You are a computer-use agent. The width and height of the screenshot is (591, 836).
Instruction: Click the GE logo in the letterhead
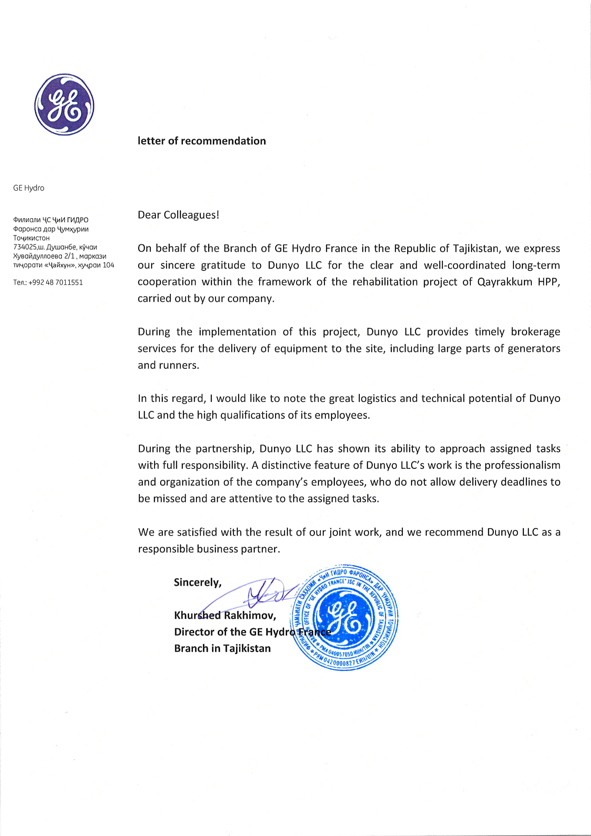click(x=64, y=104)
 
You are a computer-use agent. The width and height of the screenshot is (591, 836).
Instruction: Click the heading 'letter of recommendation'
click(x=202, y=141)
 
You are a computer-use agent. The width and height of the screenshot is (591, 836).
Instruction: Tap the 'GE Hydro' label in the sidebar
click(x=29, y=188)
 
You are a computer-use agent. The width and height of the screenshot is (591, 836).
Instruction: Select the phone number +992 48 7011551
click(x=55, y=283)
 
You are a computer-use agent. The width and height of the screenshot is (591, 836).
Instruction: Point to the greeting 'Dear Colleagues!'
click(x=179, y=215)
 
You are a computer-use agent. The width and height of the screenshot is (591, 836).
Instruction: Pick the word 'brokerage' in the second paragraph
click(x=535, y=332)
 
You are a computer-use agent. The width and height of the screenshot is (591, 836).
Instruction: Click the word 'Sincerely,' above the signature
click(x=198, y=583)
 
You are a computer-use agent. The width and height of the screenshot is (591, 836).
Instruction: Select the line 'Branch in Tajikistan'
click(x=222, y=649)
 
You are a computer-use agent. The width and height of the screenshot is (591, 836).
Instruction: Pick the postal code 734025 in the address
click(x=25, y=247)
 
